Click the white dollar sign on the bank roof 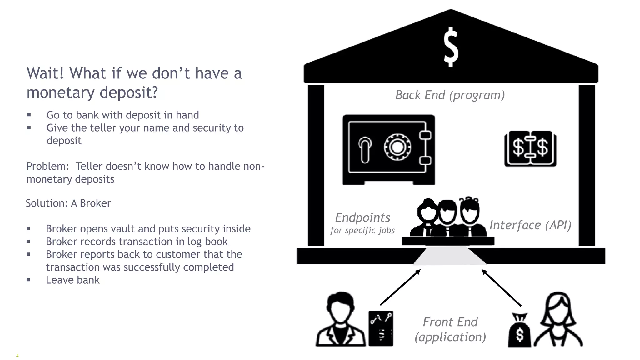click(x=451, y=47)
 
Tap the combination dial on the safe click(x=397, y=147)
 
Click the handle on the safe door click(x=365, y=150)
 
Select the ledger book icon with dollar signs click(x=530, y=148)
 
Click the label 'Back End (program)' click(x=450, y=95)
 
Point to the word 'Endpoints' click(x=362, y=217)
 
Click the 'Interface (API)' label click(x=530, y=225)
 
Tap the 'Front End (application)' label click(x=450, y=329)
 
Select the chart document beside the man click(x=381, y=328)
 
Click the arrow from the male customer click(x=400, y=287)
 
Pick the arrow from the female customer click(x=501, y=288)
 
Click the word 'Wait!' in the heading click(x=45, y=73)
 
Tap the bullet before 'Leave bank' click(x=28, y=280)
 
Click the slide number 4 click(x=17, y=356)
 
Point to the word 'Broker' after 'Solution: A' click(x=95, y=203)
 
